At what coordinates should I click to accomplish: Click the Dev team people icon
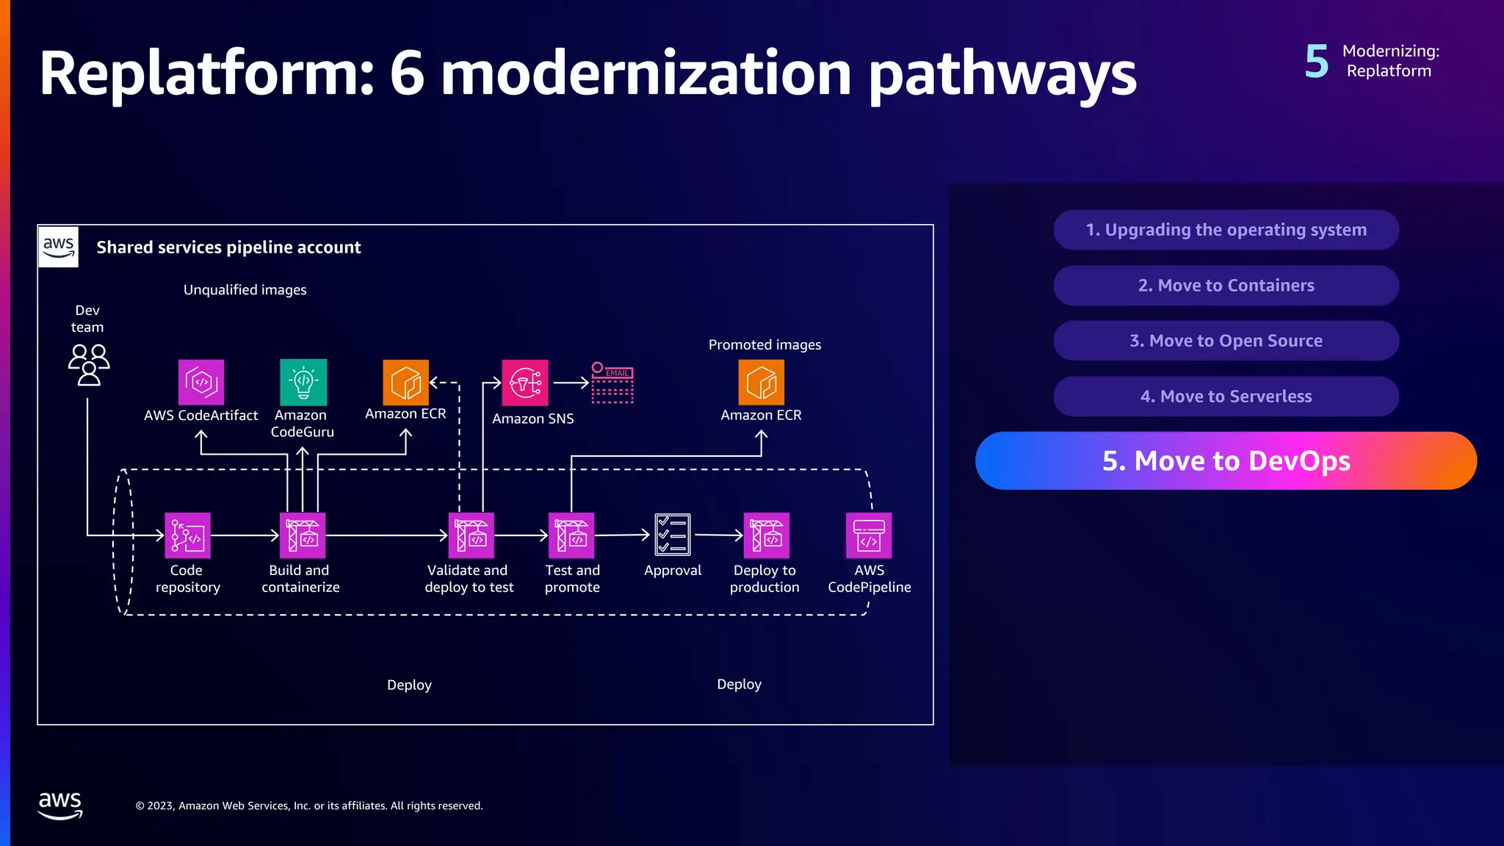pos(89,365)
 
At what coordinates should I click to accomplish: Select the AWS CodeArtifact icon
pos(201,382)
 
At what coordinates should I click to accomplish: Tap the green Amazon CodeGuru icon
pos(303,382)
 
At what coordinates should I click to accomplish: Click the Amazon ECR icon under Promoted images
pos(761,382)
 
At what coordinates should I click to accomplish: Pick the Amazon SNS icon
pos(525,383)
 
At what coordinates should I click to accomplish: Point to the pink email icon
pos(612,383)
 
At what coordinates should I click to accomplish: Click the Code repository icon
pos(187,535)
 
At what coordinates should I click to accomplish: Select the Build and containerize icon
pos(303,535)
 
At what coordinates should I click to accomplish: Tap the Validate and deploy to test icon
pos(471,535)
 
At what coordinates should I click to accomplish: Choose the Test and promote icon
pos(571,535)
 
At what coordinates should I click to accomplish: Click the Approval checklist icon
pos(673,535)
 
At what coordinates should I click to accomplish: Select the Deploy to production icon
pos(767,535)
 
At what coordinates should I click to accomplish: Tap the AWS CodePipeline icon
pos(869,535)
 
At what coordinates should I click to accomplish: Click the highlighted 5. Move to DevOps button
pos(1226,460)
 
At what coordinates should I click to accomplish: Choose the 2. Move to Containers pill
pos(1226,286)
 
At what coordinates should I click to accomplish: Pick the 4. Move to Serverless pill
pos(1226,397)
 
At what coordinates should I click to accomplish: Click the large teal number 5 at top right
pos(1317,62)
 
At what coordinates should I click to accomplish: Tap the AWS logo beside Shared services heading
pos(59,247)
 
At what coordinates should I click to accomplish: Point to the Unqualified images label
pos(245,290)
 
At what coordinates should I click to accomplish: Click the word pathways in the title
pos(1002,75)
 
